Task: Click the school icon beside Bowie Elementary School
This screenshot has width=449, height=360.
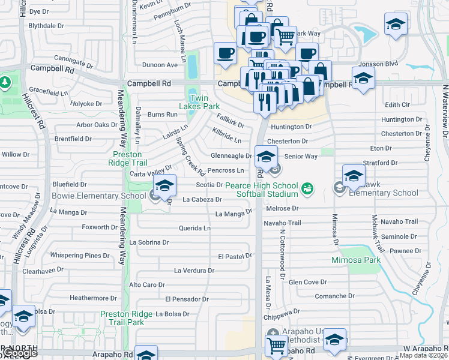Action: [x=164, y=187]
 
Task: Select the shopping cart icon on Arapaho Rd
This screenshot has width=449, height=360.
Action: [x=276, y=345]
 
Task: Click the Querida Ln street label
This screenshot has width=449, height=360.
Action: [x=194, y=228]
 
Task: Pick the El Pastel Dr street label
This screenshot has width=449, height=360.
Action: [x=234, y=256]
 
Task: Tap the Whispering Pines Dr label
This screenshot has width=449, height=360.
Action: [x=80, y=256]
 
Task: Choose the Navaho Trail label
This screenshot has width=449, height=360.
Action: [x=282, y=223]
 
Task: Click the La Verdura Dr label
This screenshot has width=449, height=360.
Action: [x=194, y=271]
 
